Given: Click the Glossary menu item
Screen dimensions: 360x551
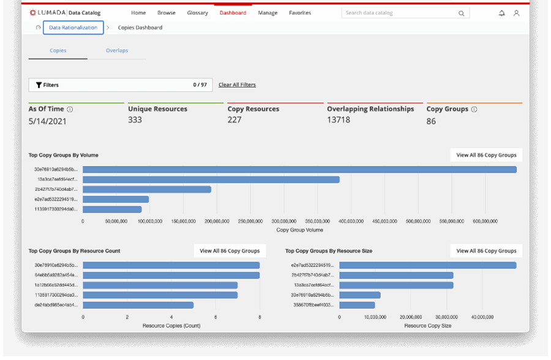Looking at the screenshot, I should coord(197,13).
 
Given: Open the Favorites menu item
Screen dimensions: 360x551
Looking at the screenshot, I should coord(299,13).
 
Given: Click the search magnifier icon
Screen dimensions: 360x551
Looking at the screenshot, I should coord(461,13).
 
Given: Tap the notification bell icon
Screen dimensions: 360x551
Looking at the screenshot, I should coord(502,13).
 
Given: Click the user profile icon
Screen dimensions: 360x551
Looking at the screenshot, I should coord(516,13).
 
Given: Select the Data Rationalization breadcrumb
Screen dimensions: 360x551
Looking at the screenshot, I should coord(73,28).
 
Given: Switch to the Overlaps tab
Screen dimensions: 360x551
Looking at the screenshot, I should coord(116,50).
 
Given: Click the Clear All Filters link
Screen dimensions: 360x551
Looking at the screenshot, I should coord(237,85).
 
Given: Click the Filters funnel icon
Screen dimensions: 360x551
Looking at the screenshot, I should coord(39,85).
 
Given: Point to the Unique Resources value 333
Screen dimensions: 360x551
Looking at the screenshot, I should coord(135,120).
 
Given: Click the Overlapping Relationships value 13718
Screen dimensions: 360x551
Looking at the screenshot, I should coord(339,120).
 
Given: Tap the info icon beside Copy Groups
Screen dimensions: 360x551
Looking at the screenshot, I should coord(474,110).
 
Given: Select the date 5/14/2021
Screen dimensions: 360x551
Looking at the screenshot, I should coord(47,121).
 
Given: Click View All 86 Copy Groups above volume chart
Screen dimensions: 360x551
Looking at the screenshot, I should coord(486,155).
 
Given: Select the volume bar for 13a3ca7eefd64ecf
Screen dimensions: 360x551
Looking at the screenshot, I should coord(211,179).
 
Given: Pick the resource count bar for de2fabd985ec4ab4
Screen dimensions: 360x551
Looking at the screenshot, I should coord(138,305).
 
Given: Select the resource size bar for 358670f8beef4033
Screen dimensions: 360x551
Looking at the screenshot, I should coord(357,305).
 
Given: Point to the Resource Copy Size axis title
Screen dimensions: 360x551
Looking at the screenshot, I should coord(427,326).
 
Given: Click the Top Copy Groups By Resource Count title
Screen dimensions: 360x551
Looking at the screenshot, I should coord(74,251).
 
